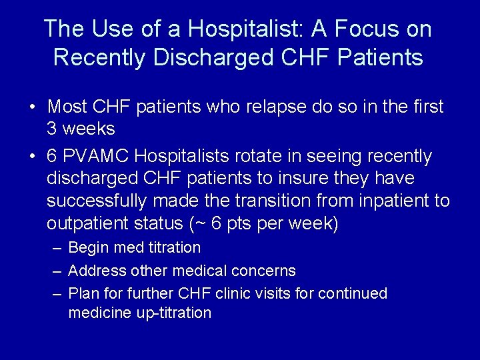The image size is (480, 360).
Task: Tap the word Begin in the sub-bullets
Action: click(x=89, y=248)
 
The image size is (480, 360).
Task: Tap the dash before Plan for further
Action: click(x=57, y=293)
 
